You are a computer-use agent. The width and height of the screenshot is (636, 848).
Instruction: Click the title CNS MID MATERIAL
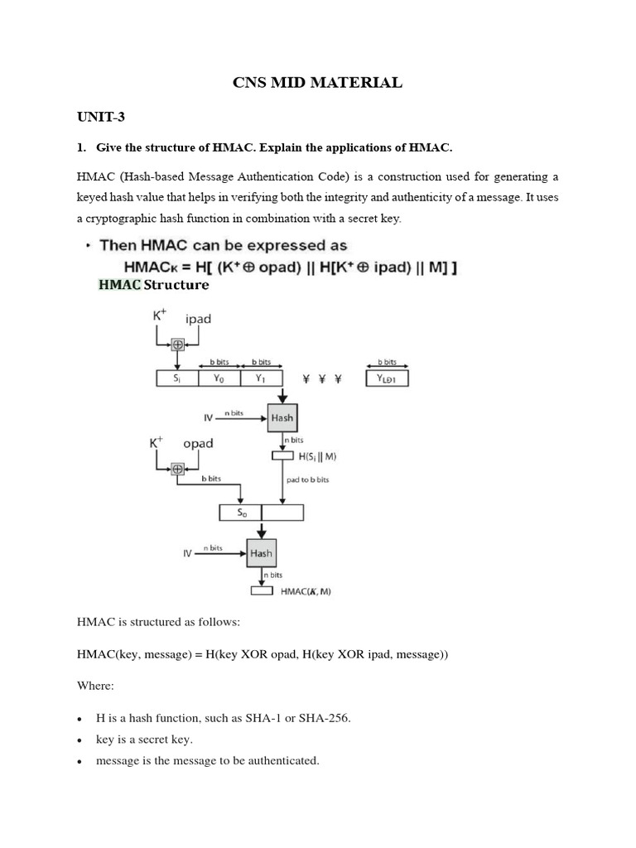pos(317,82)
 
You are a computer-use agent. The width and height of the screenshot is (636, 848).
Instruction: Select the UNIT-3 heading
pos(101,117)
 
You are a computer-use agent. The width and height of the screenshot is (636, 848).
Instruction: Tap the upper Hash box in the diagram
pos(282,418)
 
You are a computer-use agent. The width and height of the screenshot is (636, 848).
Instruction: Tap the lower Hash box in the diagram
pos(261,552)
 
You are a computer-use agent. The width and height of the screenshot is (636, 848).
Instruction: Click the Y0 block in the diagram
pos(219,378)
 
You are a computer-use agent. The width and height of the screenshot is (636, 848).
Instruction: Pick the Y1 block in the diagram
pos(261,378)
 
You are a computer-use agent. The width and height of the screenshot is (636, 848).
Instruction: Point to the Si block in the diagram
pos(176,378)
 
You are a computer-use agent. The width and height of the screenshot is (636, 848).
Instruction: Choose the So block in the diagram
pos(240,513)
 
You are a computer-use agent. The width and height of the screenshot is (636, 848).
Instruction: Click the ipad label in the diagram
pos(198,319)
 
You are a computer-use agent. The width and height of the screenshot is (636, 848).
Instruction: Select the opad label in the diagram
pos(198,443)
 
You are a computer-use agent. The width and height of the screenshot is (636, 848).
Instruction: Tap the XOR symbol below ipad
pos(176,344)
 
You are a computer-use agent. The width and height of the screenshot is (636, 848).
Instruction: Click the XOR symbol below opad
pos(176,468)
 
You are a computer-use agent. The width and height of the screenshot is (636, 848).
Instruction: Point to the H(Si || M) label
pos(317,455)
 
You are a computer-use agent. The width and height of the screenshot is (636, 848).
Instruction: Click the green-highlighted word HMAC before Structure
pos(120,285)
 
